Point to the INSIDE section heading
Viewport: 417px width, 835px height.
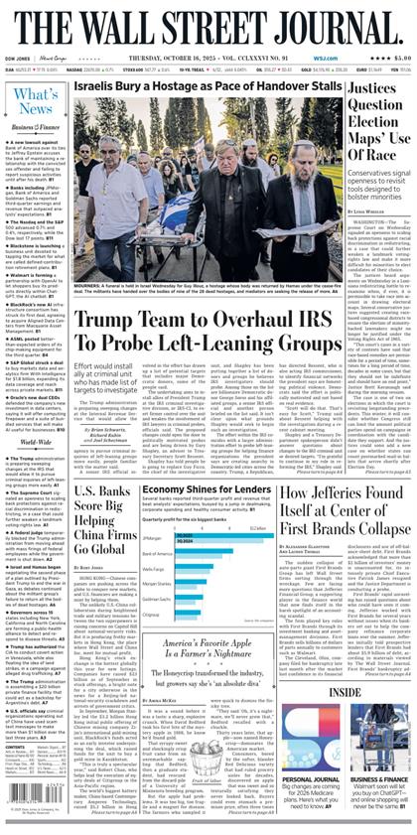pyautogui.click(x=346, y=691)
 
